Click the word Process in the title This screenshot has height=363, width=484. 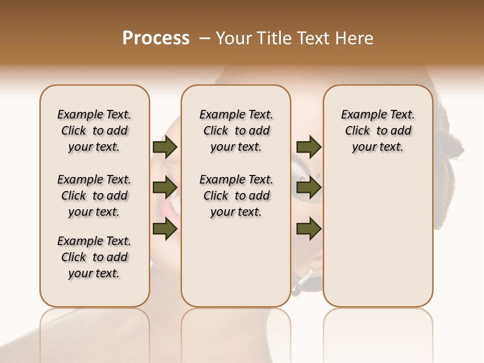click(156, 38)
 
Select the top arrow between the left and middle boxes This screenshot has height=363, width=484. click(165, 147)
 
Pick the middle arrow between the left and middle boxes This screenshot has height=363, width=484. click(165, 188)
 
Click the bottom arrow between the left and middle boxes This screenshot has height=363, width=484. click(165, 229)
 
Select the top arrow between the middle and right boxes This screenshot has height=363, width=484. click(309, 147)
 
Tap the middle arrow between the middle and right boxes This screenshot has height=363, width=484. click(309, 188)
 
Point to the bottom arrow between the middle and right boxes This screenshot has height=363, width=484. click(309, 229)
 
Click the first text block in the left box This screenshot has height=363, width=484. click(94, 131)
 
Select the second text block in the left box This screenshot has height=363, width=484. click(94, 196)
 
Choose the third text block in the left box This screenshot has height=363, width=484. click(94, 257)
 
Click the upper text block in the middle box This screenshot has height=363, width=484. click(236, 131)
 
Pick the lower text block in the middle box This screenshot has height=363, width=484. click(236, 196)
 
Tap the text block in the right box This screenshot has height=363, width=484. click(378, 131)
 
